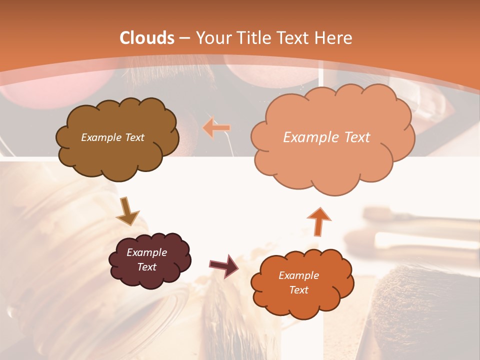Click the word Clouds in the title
pos(147,38)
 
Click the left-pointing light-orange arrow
pos(216,128)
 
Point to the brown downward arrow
pos(127,212)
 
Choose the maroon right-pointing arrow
pos(224,265)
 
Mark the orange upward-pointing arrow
pos(318,221)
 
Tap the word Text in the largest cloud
pos(354,137)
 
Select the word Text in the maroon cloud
pos(147,267)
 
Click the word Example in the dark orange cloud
pos(298,275)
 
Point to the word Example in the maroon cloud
pos(147,252)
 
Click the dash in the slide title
pos(185,38)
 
